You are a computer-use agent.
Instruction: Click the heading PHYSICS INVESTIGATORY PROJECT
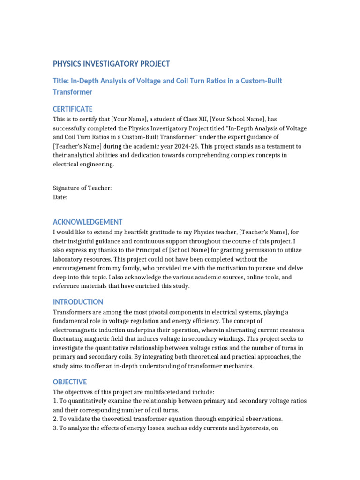pos(111,64)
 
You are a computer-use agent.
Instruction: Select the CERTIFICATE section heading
pos(73,109)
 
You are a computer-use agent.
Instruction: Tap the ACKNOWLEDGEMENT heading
pos(88,222)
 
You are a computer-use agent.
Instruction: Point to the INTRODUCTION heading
pos(78,302)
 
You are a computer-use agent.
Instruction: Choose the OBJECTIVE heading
pos(70,382)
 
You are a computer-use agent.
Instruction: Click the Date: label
pos(60,197)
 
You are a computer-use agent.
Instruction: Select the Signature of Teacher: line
pos(82,188)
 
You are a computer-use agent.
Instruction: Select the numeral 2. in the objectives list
pos(55,419)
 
